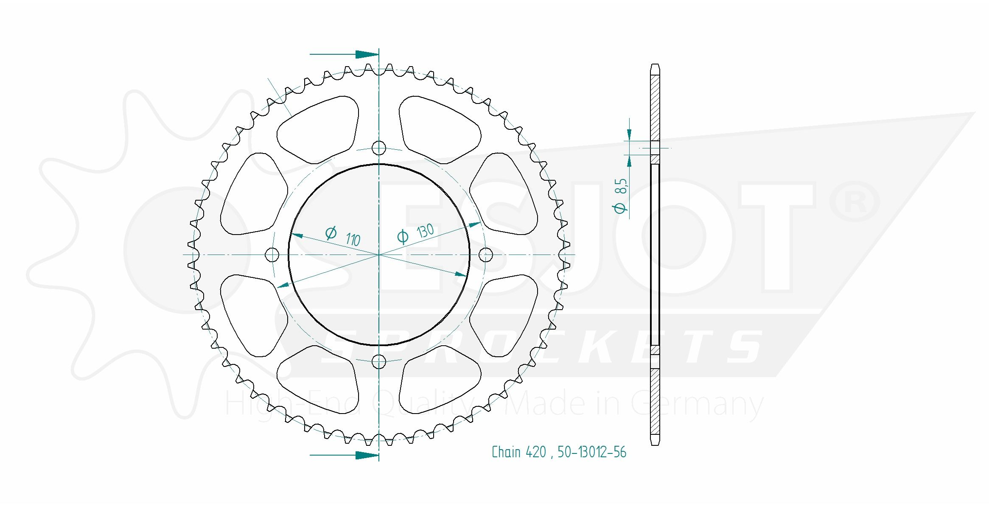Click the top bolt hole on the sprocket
pyautogui.click(x=378, y=148)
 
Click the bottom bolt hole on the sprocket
pyautogui.click(x=378, y=362)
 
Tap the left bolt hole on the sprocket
pyautogui.click(x=272, y=255)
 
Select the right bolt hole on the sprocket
pyautogui.click(x=485, y=255)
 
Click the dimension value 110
pyautogui.click(x=353, y=239)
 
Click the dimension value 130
pyautogui.click(x=425, y=231)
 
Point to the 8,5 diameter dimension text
pyautogui.click(x=621, y=186)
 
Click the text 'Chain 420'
pyautogui.click(x=518, y=452)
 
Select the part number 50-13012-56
pyautogui.click(x=592, y=452)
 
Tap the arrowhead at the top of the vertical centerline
pyautogui.click(x=367, y=54)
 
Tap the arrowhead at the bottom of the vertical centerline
pyautogui.click(x=367, y=455)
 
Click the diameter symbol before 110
pyautogui.click(x=331, y=233)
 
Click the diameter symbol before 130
pyautogui.click(x=403, y=236)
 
